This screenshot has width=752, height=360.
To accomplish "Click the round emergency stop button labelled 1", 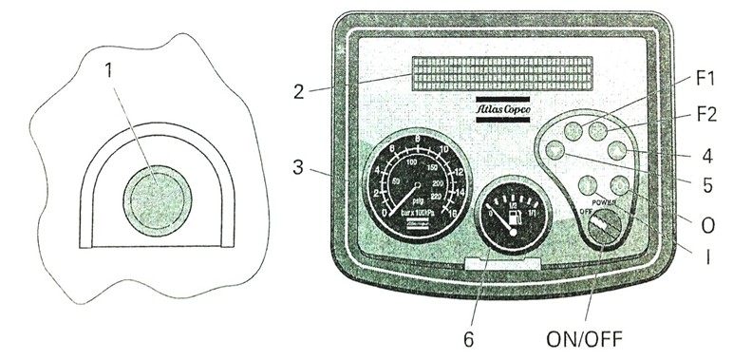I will point(157,199).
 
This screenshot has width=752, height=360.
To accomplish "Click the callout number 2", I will point(298,91).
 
